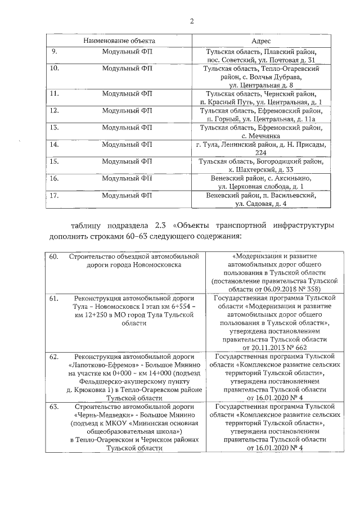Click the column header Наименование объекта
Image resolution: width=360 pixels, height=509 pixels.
(119, 42)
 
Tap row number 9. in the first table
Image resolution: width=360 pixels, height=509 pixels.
(55, 52)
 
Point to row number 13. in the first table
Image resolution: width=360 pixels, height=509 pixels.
(55, 128)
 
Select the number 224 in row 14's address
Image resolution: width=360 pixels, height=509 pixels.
(261, 152)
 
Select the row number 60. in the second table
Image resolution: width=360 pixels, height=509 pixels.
(55, 256)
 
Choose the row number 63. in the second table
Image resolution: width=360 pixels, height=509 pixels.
(55, 406)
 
